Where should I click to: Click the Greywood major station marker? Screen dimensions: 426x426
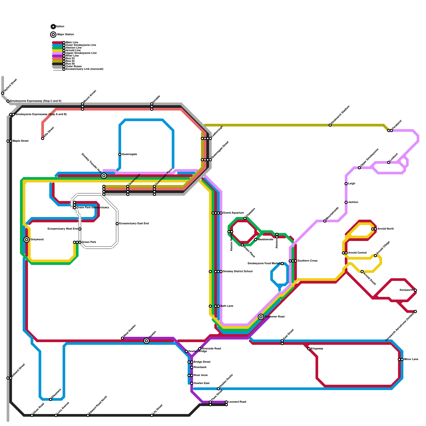27,240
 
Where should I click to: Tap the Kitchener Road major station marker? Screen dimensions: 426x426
261,317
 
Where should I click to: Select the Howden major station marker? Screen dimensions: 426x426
146,341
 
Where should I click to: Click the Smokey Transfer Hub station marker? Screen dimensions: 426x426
104,176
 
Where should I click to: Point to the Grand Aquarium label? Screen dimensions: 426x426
233,213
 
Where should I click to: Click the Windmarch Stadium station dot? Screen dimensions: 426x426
330,125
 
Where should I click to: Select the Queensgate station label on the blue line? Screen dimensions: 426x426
129,154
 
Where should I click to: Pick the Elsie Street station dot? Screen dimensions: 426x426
43,138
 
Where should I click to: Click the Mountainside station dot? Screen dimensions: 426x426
325,221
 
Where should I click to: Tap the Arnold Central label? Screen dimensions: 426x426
357,253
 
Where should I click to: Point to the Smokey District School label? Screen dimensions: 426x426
237,272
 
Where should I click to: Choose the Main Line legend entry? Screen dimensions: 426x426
72,43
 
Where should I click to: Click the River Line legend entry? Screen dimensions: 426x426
72,56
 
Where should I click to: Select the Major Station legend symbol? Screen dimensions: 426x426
53,35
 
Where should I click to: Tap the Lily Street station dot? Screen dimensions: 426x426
152,415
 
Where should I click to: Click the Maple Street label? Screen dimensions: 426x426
20,141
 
